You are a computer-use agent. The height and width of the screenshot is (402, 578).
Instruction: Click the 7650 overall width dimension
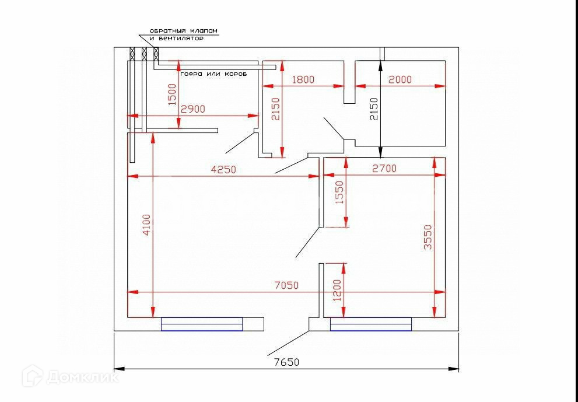[286, 362]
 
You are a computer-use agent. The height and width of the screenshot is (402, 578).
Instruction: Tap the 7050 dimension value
[286, 285]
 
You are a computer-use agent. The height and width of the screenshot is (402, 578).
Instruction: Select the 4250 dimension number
[223, 170]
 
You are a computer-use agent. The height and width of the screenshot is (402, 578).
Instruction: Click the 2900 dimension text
[192, 109]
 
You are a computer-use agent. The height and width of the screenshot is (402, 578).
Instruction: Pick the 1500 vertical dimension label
[171, 94]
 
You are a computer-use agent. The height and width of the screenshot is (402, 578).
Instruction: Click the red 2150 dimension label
[276, 109]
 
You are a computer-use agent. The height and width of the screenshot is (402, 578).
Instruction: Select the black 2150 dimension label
[374, 109]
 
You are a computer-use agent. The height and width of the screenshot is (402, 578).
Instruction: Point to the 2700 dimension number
[384, 169]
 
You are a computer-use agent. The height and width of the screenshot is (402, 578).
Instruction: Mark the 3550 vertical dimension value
[428, 237]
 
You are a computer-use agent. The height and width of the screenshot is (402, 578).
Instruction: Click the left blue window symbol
[202, 324]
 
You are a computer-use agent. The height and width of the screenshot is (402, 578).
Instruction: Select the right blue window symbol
[371, 324]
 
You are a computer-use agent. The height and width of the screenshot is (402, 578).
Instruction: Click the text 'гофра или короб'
[213, 75]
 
